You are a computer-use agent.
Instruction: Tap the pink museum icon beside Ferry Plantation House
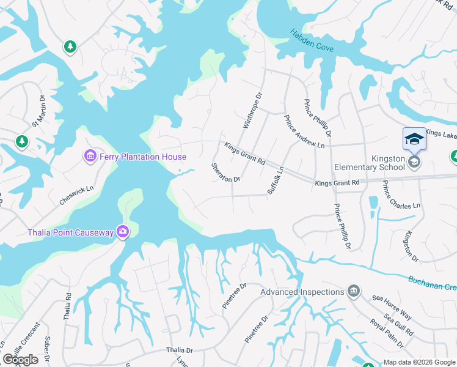(90, 157)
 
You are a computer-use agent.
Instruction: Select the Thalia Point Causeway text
(71, 232)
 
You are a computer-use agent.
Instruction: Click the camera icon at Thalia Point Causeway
(123, 231)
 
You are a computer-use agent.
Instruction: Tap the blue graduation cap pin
(414, 139)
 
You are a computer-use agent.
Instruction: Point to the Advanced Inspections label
(302, 292)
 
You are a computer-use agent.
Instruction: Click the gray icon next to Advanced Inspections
(353, 291)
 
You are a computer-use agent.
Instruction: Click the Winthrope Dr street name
(252, 110)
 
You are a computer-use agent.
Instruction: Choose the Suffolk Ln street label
(276, 180)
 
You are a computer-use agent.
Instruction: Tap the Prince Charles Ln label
(401, 195)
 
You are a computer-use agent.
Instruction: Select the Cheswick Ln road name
(77, 196)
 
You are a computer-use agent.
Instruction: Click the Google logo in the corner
(20, 360)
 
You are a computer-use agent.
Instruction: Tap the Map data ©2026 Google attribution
(419, 362)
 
